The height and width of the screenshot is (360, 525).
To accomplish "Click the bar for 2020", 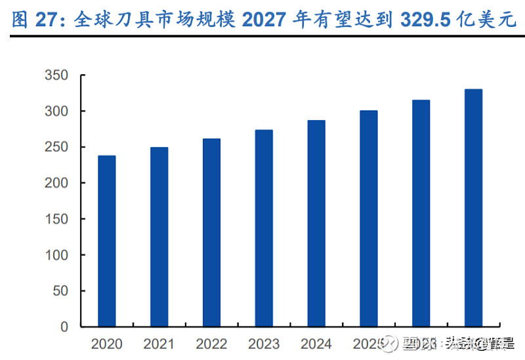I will point(106,241).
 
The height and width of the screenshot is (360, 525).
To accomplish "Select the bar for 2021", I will point(159,237).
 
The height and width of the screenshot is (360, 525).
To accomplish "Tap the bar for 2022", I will point(211,233).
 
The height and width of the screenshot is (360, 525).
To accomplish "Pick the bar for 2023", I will point(264,228).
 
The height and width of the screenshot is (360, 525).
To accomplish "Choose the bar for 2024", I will point(316,223).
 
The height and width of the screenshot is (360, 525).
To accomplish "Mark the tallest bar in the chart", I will point(474,208).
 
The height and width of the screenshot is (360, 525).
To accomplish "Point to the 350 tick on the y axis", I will point(56,76).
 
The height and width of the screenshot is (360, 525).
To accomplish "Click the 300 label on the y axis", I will point(56,111).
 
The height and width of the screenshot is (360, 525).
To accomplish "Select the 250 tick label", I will point(56,148).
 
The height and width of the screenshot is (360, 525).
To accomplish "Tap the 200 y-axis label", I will point(56,183).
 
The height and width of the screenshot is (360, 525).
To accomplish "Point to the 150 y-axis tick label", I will point(56,219).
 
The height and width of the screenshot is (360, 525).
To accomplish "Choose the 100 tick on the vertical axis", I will point(56,254).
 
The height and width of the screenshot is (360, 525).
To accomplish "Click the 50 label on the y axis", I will point(60,290).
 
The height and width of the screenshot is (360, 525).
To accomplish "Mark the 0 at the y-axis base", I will point(64,327).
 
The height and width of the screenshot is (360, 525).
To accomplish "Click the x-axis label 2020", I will point(107,344).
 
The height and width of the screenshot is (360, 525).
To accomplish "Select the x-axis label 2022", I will point(211,344).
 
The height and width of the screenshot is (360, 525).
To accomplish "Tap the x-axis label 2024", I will point(316,344).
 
